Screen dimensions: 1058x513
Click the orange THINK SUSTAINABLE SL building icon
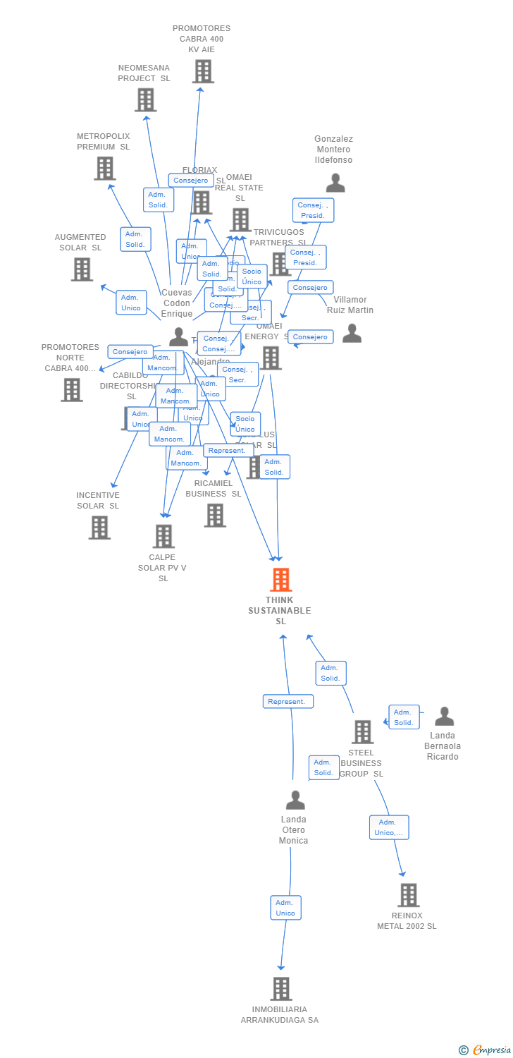[281, 580]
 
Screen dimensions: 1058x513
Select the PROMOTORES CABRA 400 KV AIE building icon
[203, 71]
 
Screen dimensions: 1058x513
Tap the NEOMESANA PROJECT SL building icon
[145, 100]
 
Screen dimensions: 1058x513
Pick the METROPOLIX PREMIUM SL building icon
[104, 169]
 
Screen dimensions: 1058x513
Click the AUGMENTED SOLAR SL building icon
[82, 269]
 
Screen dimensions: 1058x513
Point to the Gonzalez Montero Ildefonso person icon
[335, 183]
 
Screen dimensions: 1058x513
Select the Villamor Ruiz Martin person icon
[352, 334]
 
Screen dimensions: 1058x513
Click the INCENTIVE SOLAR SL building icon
[99, 528]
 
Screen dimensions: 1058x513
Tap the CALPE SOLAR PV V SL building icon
[163, 537]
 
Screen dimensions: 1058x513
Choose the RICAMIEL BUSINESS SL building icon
[215, 516]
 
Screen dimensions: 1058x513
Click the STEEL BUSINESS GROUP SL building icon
[362, 732]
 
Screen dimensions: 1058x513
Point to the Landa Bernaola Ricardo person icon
[444, 717]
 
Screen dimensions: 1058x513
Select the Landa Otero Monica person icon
[295, 800]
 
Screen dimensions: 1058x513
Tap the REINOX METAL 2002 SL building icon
[408, 895]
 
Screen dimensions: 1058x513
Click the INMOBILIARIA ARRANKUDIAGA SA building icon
[281, 989]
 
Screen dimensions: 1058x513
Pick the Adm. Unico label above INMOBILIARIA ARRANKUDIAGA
[285, 908]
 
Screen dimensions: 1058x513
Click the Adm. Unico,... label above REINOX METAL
[389, 827]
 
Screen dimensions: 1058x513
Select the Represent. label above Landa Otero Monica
[288, 702]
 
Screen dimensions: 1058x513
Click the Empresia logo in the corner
[486, 1050]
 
